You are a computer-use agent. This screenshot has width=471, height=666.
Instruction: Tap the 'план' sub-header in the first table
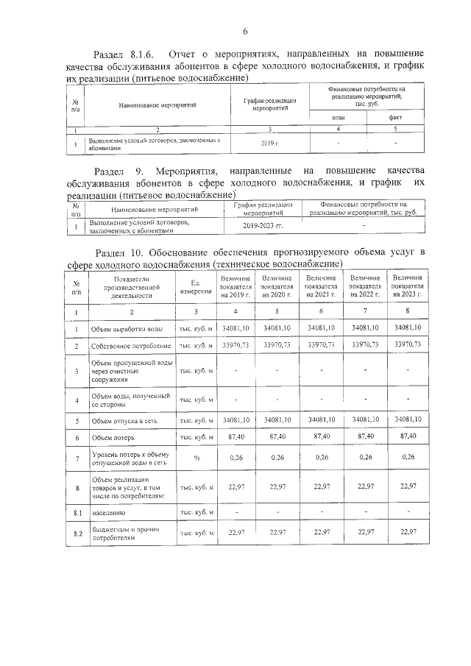click(x=339, y=117)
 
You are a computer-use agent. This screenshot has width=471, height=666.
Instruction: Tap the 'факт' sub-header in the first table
click(x=395, y=117)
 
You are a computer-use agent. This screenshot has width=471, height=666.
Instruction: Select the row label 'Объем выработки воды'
click(x=126, y=328)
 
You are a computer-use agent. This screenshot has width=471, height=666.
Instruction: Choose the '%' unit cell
click(x=196, y=458)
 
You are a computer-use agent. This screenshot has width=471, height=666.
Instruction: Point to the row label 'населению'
click(x=107, y=511)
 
